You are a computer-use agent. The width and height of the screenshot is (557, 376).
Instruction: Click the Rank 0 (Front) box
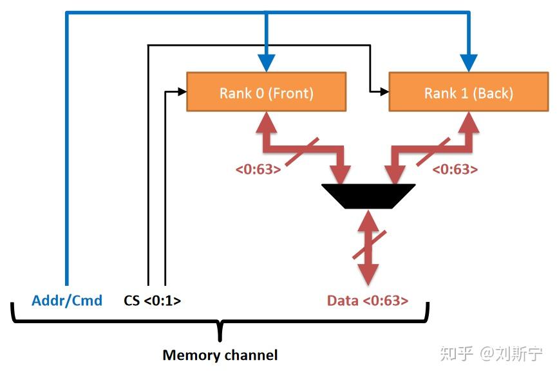(266, 92)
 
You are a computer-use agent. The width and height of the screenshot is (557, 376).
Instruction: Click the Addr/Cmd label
(67, 300)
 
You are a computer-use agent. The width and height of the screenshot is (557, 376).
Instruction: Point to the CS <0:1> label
(152, 300)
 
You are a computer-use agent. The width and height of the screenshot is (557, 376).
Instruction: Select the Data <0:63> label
(367, 300)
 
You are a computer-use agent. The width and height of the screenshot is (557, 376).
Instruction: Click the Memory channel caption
(220, 355)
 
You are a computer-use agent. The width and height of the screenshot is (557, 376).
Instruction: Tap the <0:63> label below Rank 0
(258, 170)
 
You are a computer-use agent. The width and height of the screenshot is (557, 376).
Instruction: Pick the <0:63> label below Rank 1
(455, 170)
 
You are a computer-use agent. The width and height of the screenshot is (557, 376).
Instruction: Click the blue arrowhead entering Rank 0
(266, 63)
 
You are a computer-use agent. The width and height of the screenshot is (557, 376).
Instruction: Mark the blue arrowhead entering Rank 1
(468, 63)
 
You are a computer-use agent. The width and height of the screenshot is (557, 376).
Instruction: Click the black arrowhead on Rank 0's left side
(182, 92)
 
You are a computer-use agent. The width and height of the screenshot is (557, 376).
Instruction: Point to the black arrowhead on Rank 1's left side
(385, 92)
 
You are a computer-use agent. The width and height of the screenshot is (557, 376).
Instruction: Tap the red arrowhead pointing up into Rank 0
(266, 119)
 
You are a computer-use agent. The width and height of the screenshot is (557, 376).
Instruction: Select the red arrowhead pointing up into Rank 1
(468, 119)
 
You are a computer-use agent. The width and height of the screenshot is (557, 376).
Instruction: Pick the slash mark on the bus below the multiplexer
(368, 247)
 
